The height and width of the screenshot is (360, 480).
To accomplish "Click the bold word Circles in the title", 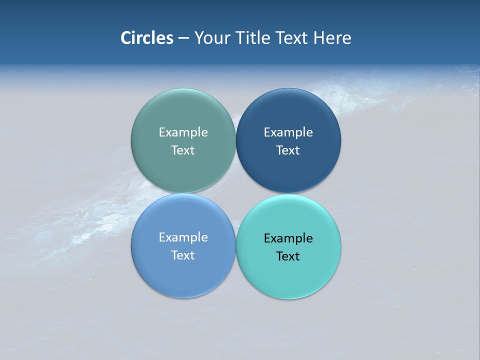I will click(147, 38).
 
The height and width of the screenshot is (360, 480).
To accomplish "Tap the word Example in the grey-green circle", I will click(183, 132).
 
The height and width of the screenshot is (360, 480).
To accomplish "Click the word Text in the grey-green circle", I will click(183, 150).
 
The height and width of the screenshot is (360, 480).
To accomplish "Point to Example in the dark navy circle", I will click(288, 132).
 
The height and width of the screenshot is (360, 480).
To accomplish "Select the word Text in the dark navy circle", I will click(288, 150).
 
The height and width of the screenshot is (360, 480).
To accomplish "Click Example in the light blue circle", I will click(183, 237).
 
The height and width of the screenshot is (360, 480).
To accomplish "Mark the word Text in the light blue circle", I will click(183, 255).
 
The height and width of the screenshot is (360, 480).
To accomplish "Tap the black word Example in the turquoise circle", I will click(288, 238).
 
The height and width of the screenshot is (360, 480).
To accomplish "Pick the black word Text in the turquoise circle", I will click(288, 256).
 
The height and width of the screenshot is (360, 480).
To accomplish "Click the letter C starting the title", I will click(126, 38).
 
